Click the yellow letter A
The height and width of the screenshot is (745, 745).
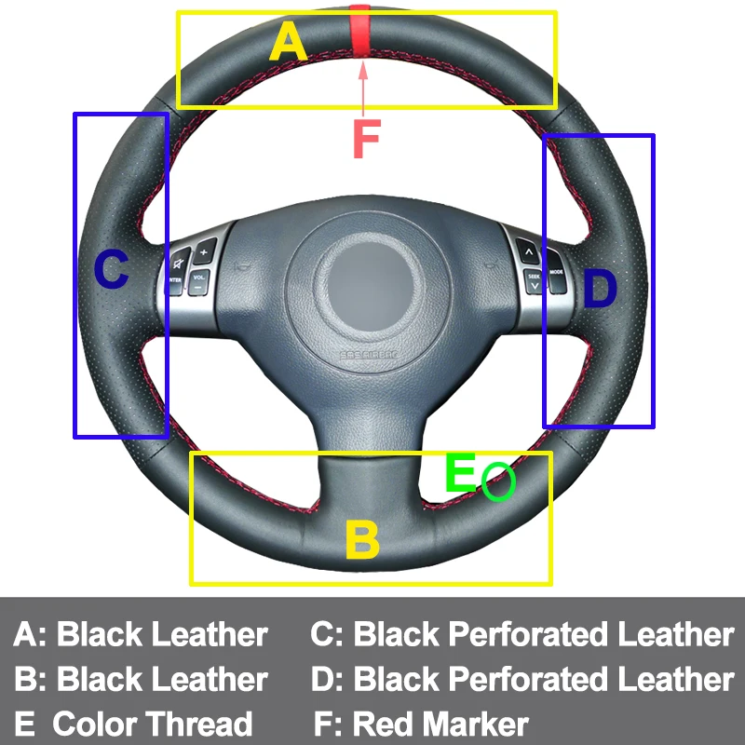(288, 43)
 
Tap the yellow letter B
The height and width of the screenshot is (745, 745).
(361, 540)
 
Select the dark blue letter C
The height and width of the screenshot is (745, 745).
(111, 271)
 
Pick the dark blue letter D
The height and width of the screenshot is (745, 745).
(599, 291)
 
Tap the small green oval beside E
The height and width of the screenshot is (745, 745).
(498, 481)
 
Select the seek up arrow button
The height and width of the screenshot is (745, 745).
(528, 251)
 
